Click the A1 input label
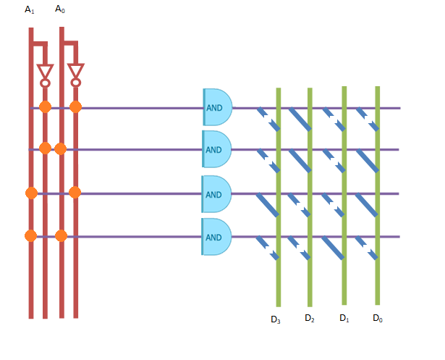[x=29, y=9]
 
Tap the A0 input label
[x=60, y=9]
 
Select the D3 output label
[x=275, y=319]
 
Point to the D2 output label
[x=309, y=318]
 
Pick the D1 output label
[x=344, y=318]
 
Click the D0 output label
[x=377, y=318]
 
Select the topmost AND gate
[x=217, y=107]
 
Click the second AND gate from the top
[x=216, y=149]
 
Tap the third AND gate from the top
[x=216, y=193]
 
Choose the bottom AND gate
[x=216, y=237]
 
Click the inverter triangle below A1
[x=45, y=71]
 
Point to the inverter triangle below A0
[x=75, y=71]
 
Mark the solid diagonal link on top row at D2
[x=300, y=120]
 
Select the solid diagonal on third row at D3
[x=267, y=205]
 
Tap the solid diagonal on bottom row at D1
[x=334, y=248]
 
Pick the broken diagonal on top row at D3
[x=268, y=120]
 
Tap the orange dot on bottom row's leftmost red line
[x=30, y=235]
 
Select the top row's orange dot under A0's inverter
[x=75, y=107]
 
